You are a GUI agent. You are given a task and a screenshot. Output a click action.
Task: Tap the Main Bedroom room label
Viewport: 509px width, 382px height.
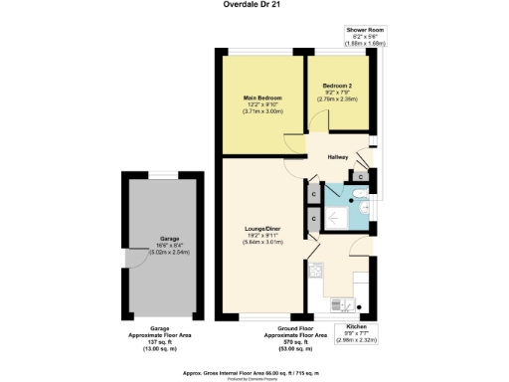pyautogui.click(x=263, y=97)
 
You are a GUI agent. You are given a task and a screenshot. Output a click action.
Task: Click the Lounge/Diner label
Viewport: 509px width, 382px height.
pyautogui.click(x=263, y=228)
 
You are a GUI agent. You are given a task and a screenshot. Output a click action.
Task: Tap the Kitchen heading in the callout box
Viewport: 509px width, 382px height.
pyautogui.click(x=356, y=325)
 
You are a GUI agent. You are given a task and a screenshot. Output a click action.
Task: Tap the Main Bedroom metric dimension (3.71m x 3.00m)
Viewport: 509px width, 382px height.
pyautogui.click(x=263, y=111)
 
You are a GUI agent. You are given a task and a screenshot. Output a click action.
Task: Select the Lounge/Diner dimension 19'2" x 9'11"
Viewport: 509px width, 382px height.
pyautogui.click(x=263, y=235)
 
